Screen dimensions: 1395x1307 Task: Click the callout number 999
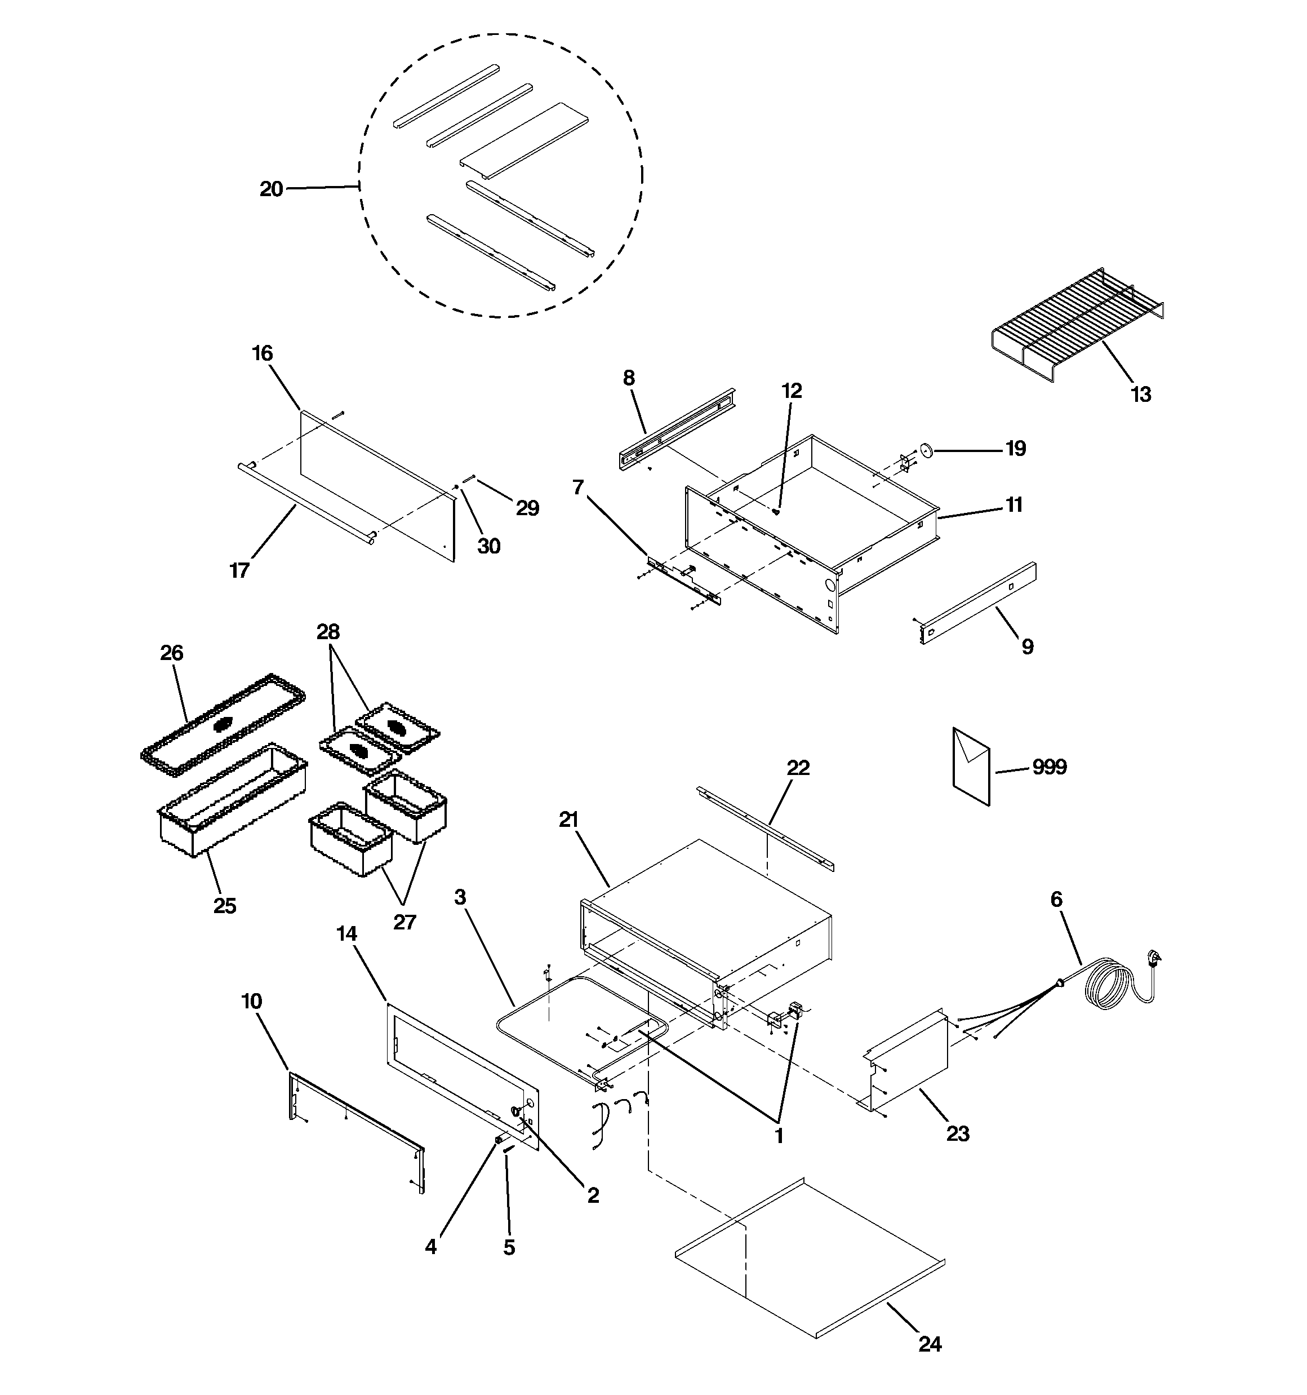pos(1049,767)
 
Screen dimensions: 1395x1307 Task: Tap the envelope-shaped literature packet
pos(971,767)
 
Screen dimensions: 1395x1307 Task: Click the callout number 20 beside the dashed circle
pos(272,189)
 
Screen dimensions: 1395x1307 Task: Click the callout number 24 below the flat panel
pos(930,1344)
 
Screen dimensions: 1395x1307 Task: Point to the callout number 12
pos(792,390)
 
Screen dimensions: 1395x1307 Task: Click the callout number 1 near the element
pos(778,1135)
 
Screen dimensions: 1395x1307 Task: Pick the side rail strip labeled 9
pos(979,603)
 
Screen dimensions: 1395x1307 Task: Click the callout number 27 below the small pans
pos(404,922)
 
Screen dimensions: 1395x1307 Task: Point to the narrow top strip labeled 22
pos(764,828)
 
